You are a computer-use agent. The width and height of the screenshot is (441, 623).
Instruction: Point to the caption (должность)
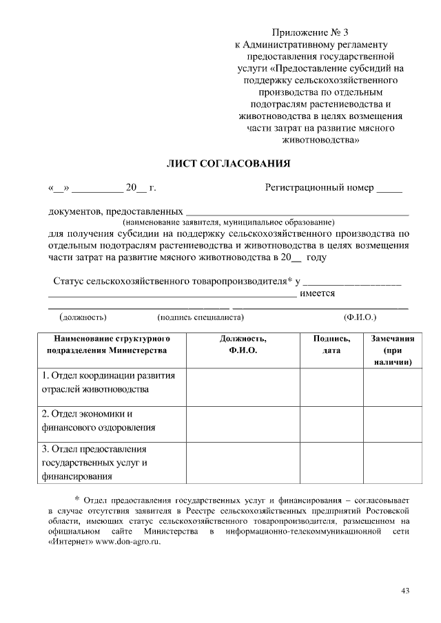coord(83,317)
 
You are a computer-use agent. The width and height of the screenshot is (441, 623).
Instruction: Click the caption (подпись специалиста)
coord(201,317)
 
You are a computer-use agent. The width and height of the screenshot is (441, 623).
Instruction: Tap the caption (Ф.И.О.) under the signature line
coord(360,317)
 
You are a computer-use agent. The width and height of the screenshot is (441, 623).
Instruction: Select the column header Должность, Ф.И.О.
coord(243,345)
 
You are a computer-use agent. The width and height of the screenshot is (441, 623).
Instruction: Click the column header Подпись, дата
coord(331,345)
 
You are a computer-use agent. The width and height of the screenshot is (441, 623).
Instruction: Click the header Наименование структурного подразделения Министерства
coord(107,345)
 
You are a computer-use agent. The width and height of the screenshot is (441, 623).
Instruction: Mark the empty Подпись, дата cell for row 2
coord(331,421)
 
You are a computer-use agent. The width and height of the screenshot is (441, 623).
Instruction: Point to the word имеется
coord(318,294)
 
